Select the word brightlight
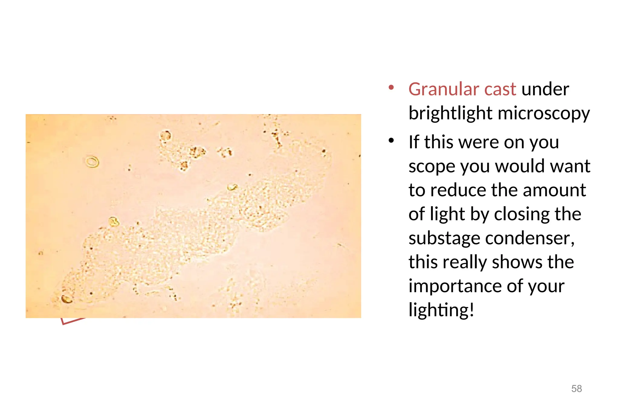(x=450, y=114)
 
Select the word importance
(x=455, y=286)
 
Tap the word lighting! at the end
(x=441, y=310)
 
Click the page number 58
(x=576, y=389)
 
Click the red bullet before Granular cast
(x=391, y=88)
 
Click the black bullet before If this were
(x=391, y=141)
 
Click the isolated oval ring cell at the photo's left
(x=92, y=162)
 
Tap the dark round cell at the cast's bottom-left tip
(x=67, y=299)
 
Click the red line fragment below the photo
(x=73, y=321)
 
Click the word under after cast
(x=545, y=90)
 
